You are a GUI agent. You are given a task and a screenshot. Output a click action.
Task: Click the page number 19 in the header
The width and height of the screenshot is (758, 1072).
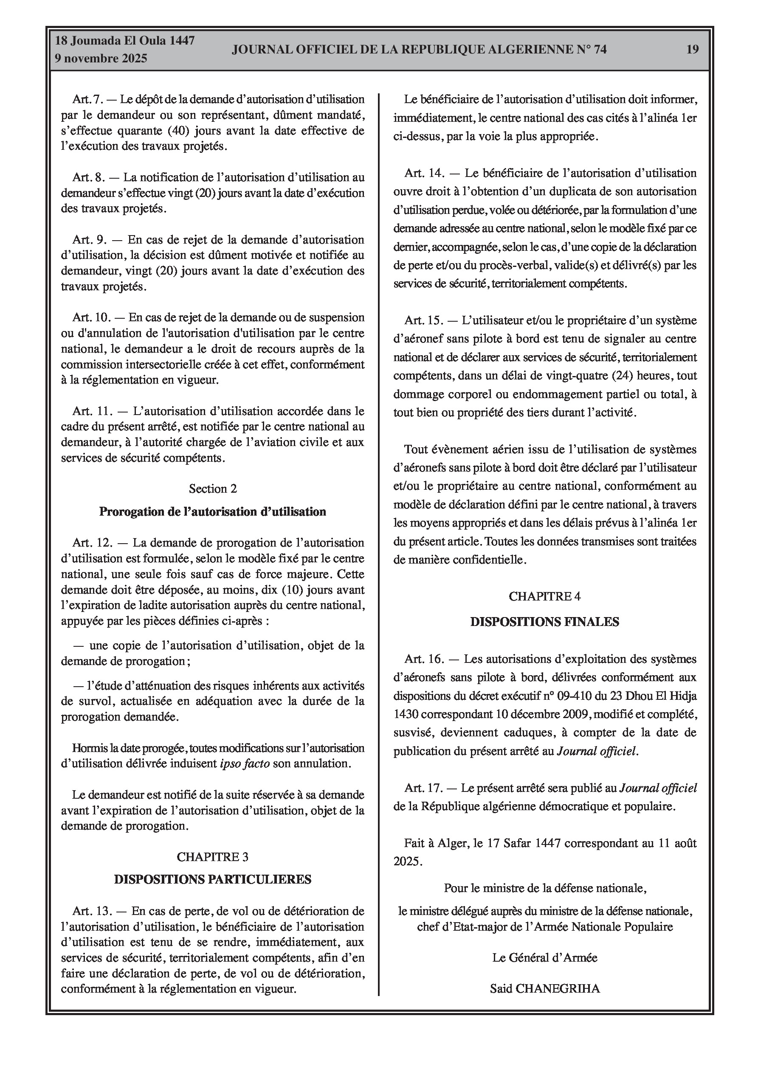pyautogui.click(x=692, y=49)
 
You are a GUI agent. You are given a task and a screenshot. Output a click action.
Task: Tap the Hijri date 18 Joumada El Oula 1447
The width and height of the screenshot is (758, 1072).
pyautogui.click(x=125, y=41)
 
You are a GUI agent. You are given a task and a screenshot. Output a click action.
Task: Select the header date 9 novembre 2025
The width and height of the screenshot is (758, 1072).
pyautogui.click(x=101, y=59)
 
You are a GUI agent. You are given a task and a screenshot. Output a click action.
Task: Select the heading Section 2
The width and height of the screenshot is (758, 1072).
pyautogui.click(x=213, y=488)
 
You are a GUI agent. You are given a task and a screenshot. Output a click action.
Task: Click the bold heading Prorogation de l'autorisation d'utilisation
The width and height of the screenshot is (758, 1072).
pyautogui.click(x=213, y=512)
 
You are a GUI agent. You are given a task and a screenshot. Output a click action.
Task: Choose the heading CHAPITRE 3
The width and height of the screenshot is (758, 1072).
pyautogui.click(x=213, y=856)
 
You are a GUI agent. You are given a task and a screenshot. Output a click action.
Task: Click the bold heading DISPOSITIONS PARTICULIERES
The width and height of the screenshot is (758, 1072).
pyautogui.click(x=213, y=880)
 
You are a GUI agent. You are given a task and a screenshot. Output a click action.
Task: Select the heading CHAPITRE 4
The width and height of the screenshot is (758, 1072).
pyautogui.click(x=544, y=596)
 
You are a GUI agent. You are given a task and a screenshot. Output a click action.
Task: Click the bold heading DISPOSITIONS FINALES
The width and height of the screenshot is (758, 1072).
pyautogui.click(x=544, y=622)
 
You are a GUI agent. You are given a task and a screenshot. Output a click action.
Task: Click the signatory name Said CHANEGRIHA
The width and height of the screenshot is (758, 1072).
pyautogui.click(x=544, y=988)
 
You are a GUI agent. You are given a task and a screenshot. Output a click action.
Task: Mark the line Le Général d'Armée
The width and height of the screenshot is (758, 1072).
pyautogui.click(x=544, y=957)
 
